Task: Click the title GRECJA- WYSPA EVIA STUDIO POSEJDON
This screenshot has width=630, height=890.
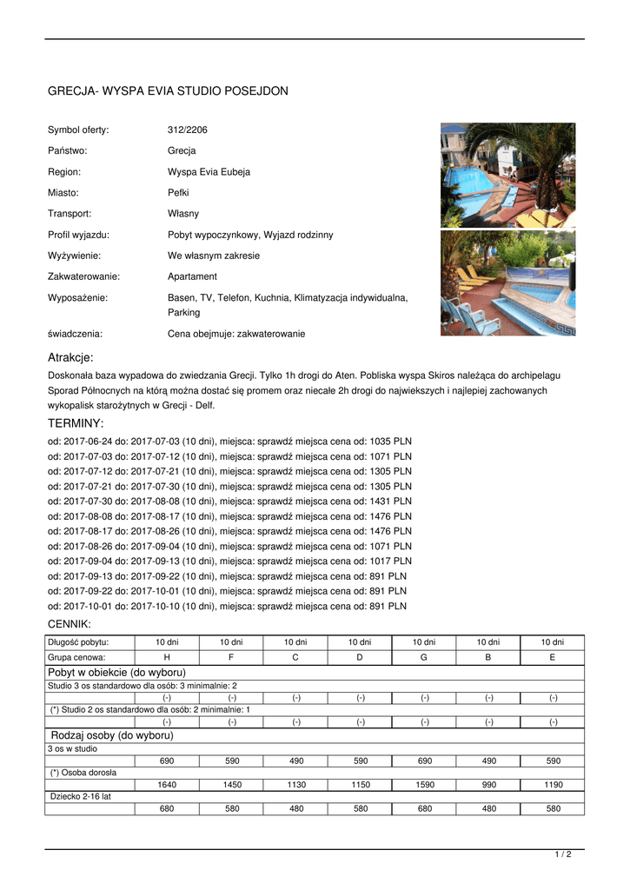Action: [168, 91]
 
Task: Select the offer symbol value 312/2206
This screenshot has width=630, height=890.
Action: [188, 130]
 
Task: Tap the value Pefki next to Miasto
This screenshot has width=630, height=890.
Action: [178, 192]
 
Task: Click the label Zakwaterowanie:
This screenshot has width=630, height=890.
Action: [83, 276]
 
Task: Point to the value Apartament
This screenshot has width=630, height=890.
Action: [192, 276]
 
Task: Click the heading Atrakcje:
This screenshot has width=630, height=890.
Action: [70, 357]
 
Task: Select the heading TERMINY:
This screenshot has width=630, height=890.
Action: [76, 423]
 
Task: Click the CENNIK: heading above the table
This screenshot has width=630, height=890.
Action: [69, 624]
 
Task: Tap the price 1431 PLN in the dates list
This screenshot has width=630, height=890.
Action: [391, 501]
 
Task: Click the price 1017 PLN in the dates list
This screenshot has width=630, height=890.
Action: [391, 561]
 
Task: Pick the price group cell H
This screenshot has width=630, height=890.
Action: [167, 657]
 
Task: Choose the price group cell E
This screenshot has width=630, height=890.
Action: [553, 657]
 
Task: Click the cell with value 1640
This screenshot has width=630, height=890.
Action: [167, 785]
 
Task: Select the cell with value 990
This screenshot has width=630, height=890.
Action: [488, 785]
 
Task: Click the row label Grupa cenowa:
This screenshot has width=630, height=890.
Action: [78, 657]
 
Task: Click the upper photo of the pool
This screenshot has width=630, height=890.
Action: [507, 175]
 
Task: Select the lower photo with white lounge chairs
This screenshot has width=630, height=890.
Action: [507, 283]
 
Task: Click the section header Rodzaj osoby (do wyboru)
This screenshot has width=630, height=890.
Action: [113, 735]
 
